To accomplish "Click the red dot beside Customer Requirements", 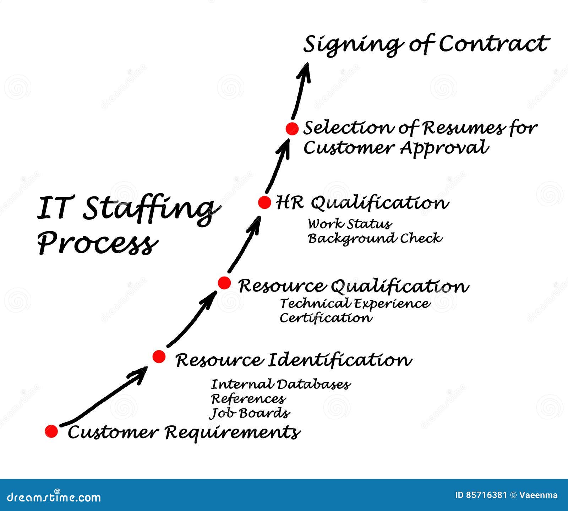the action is click(x=51, y=431).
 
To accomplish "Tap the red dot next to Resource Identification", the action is click(x=159, y=356).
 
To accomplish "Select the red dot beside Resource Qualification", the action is click(x=224, y=283).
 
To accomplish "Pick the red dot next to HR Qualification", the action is click(x=264, y=202).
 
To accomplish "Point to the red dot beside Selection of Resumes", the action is click(x=292, y=129).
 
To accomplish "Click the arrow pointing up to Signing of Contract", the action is click(x=301, y=91).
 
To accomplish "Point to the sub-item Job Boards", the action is click(x=250, y=413).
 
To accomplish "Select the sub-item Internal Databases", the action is click(x=281, y=384).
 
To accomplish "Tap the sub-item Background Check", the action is click(x=375, y=238).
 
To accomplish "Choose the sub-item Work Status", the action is click(x=350, y=224).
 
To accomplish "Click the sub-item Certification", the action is click(x=326, y=317).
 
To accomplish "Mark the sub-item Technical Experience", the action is click(x=355, y=303).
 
